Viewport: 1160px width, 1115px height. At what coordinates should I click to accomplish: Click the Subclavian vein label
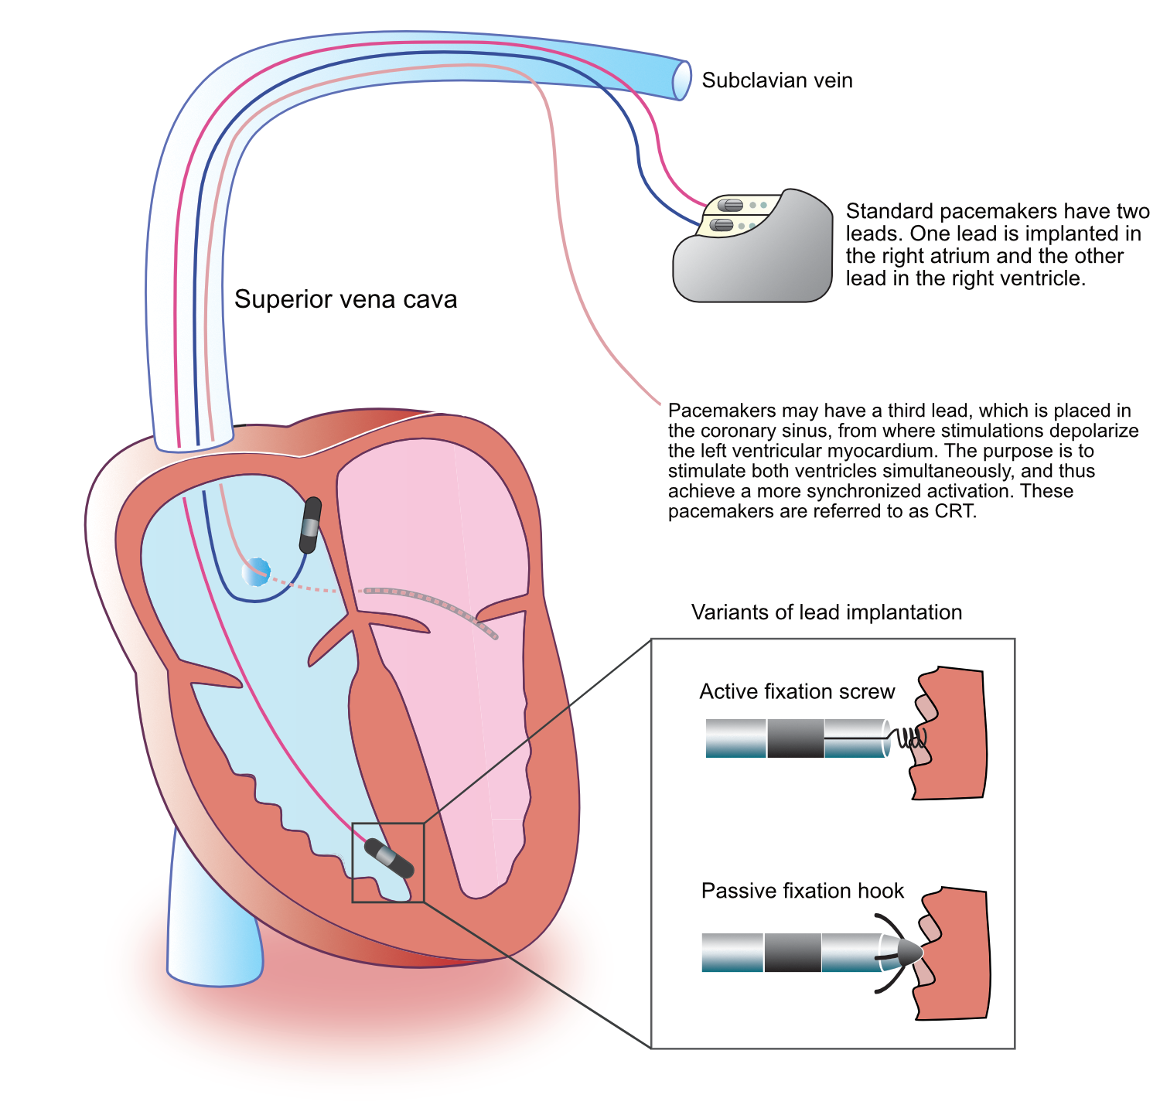tap(776, 80)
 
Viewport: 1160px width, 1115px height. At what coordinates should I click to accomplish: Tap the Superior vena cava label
tap(345, 299)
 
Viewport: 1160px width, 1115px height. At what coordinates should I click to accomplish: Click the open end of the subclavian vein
tap(681, 80)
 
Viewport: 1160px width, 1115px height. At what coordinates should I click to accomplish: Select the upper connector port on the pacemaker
tap(731, 205)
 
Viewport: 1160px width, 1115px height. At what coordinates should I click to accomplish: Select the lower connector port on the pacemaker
tap(722, 225)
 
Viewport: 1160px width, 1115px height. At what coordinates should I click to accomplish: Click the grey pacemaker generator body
tap(754, 263)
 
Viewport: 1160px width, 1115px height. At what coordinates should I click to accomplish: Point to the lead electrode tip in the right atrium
tap(310, 525)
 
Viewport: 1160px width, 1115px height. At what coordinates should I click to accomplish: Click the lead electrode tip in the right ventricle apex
tap(389, 858)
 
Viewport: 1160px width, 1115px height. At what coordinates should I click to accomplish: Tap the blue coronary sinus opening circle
tap(255, 573)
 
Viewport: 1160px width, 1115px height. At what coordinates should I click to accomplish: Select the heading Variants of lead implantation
tap(826, 612)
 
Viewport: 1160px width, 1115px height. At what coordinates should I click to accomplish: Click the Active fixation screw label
tap(797, 691)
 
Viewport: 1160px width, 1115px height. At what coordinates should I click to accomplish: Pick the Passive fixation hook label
tap(802, 891)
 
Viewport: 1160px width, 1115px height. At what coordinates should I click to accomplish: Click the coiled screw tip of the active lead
tap(909, 738)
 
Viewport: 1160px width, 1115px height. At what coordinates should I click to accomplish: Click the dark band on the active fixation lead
tap(795, 738)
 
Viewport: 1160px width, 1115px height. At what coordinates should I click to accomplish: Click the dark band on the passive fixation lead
tap(792, 953)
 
